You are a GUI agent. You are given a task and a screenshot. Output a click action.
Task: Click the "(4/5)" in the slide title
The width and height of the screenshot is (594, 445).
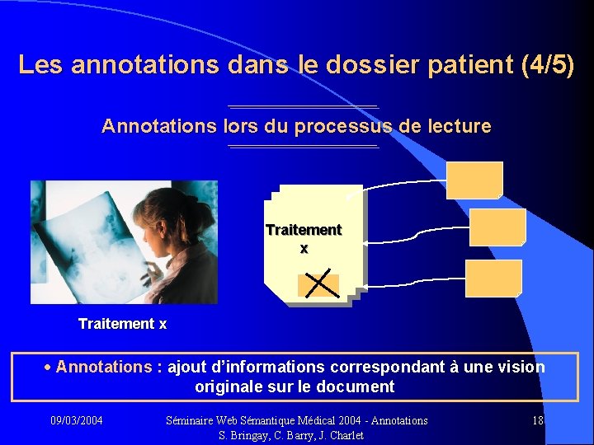pos(548,64)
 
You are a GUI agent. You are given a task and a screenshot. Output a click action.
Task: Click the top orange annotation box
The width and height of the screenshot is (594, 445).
pos(474,180)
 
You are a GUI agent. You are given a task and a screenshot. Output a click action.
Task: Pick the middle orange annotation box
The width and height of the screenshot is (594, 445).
pos(497,227)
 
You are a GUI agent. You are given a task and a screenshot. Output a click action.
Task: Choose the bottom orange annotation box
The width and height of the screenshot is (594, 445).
pos(493,278)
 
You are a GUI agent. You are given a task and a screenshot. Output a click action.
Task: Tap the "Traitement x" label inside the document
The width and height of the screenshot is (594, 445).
pos(304,238)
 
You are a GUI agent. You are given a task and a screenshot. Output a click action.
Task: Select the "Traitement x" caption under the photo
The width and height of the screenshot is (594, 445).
pos(122,324)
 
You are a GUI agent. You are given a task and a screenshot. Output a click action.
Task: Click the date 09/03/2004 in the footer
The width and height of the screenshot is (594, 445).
pos(77,420)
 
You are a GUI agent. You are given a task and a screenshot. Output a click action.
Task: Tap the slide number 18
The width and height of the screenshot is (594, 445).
pos(538,420)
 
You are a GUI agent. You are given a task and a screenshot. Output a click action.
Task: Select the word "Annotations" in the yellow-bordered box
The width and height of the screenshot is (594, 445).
pos(104,367)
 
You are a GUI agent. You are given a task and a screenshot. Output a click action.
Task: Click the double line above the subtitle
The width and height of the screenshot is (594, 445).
pos(303,106)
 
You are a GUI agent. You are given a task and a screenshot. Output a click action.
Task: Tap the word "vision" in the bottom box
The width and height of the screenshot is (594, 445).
pos(522,367)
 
